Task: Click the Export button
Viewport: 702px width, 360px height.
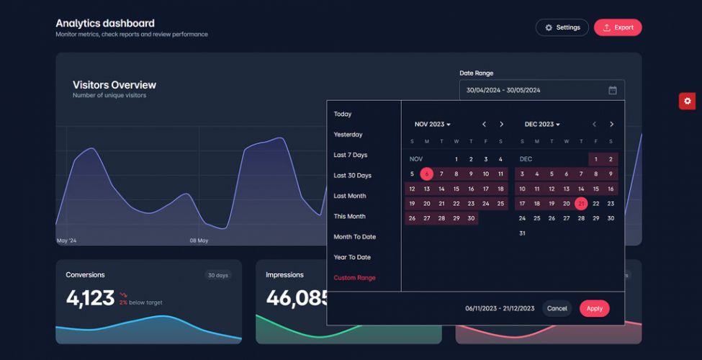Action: tap(618, 27)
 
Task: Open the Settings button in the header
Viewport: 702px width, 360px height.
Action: tap(562, 27)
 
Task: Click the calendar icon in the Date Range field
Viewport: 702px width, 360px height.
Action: tap(613, 90)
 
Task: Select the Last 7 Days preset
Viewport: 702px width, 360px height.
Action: tap(351, 155)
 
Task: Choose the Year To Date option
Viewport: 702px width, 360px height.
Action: tap(352, 257)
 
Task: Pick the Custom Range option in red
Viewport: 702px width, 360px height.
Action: tap(354, 278)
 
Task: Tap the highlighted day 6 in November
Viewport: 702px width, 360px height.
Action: tap(427, 174)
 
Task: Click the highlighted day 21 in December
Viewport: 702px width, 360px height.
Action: tap(581, 204)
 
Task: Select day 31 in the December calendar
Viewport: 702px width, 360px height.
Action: tap(522, 233)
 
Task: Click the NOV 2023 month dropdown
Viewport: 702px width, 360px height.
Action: tap(432, 125)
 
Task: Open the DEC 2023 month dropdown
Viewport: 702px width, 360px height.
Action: tap(542, 125)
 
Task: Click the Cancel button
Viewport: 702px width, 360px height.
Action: tap(557, 308)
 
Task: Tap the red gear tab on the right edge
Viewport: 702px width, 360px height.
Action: tap(687, 101)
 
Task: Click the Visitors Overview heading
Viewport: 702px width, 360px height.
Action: tap(114, 85)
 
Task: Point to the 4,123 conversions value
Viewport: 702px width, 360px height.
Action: tap(90, 297)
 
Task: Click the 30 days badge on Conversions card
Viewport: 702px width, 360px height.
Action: tap(217, 275)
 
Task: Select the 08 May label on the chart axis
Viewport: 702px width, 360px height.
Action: tap(199, 240)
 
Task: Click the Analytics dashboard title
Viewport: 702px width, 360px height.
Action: tap(105, 23)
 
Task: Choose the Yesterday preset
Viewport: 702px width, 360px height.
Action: tap(348, 135)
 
